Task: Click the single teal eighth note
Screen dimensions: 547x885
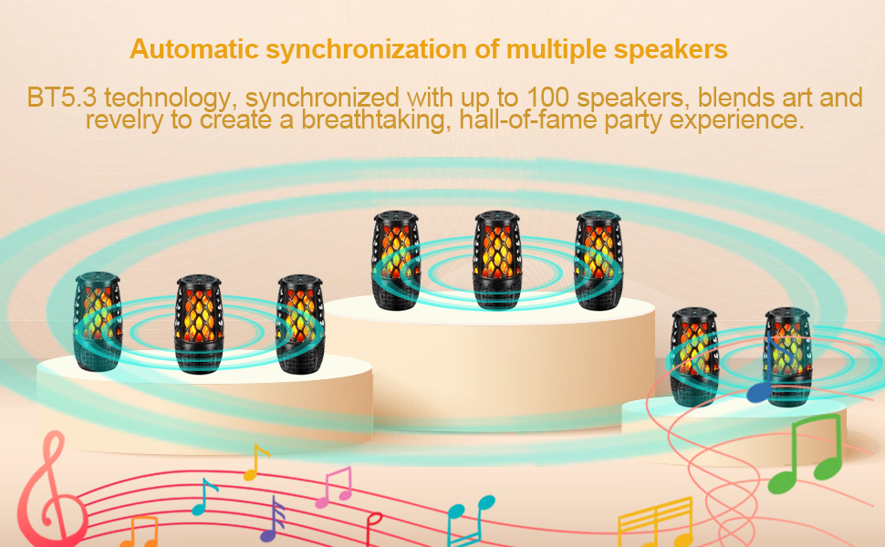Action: pyautogui.click(x=204, y=498)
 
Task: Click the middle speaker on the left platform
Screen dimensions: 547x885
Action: pyautogui.click(x=200, y=325)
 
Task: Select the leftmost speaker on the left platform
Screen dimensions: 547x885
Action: pyautogui.click(x=98, y=321)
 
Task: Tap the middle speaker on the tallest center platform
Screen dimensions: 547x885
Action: pyautogui.click(x=498, y=260)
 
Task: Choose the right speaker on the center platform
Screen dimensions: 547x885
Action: pyautogui.click(x=599, y=260)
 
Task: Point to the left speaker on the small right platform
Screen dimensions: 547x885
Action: pyautogui.click(x=694, y=356)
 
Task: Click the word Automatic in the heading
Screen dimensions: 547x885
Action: pyautogui.click(x=185, y=49)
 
